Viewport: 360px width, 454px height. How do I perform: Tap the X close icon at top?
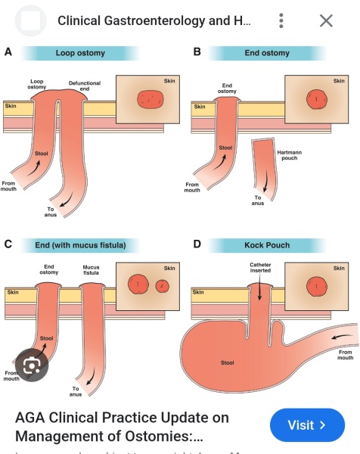326,20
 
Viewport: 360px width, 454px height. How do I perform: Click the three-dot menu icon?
281,20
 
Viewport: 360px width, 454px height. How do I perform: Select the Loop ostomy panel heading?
80,53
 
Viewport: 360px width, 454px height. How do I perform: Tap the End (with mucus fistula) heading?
80,244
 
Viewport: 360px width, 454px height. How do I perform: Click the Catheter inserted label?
258,269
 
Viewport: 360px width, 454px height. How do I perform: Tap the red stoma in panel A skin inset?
150,99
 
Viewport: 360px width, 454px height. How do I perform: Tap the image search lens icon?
32,365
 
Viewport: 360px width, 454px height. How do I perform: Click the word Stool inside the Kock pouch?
227,362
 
